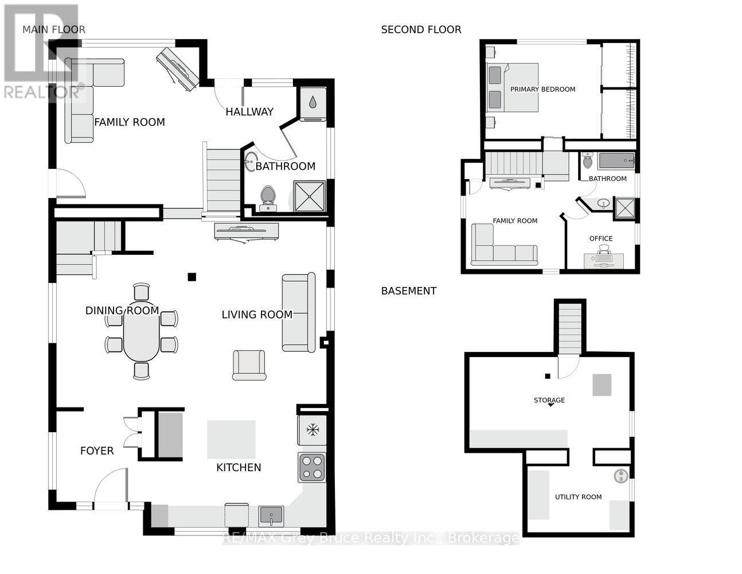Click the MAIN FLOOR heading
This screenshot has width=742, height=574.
(x=53, y=29)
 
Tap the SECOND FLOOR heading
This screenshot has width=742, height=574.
(x=421, y=29)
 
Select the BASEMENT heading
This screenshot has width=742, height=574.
(x=409, y=291)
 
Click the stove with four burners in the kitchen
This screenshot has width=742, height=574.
(x=311, y=467)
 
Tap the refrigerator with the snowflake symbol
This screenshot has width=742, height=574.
(x=312, y=429)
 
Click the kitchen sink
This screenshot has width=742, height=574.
(x=271, y=515)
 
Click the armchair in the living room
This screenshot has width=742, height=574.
(x=249, y=364)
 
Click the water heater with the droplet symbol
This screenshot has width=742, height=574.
(x=312, y=103)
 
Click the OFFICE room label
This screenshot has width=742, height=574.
(x=601, y=238)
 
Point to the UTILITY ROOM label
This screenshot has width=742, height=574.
(x=578, y=497)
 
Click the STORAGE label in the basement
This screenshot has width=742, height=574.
(x=549, y=400)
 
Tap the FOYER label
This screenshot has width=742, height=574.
(x=97, y=451)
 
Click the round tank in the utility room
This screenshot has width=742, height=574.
(x=620, y=476)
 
